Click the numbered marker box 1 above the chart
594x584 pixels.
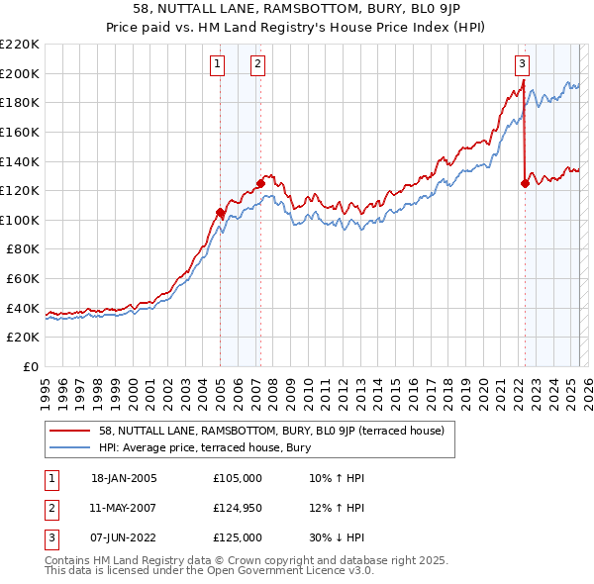(x=217, y=65)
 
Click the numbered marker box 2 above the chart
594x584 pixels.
(x=256, y=65)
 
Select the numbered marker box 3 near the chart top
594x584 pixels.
(x=521, y=65)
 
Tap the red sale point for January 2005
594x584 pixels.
(x=220, y=212)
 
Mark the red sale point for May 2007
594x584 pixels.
(x=260, y=182)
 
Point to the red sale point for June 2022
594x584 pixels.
(x=525, y=182)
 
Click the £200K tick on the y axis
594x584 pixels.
(x=20, y=73)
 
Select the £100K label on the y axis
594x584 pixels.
(x=20, y=220)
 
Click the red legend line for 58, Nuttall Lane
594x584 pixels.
(x=69, y=431)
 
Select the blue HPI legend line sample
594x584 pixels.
(x=69, y=447)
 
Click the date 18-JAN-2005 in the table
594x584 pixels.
(x=124, y=477)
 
